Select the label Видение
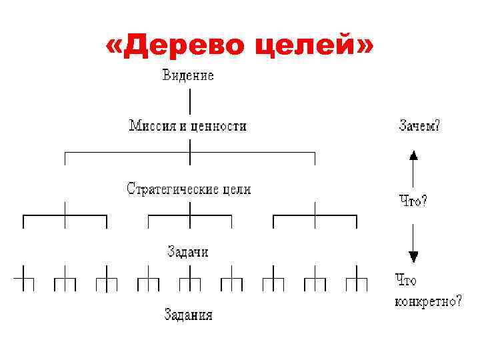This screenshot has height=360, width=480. [x=189, y=75]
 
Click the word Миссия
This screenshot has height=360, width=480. [x=153, y=125]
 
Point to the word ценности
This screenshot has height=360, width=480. [x=219, y=125]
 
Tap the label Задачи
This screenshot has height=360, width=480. [x=187, y=251]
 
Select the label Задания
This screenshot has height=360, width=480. [x=188, y=314]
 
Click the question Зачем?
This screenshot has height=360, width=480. [x=419, y=126]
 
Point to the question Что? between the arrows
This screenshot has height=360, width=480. [x=413, y=199]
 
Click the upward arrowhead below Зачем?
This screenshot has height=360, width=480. [x=413, y=155]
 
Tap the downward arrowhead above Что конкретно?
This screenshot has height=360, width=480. [x=413, y=257]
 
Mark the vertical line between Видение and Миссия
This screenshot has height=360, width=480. [x=190, y=101]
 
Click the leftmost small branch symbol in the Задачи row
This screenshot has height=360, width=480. [x=23, y=278]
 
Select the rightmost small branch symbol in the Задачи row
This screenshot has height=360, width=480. [x=357, y=278]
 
